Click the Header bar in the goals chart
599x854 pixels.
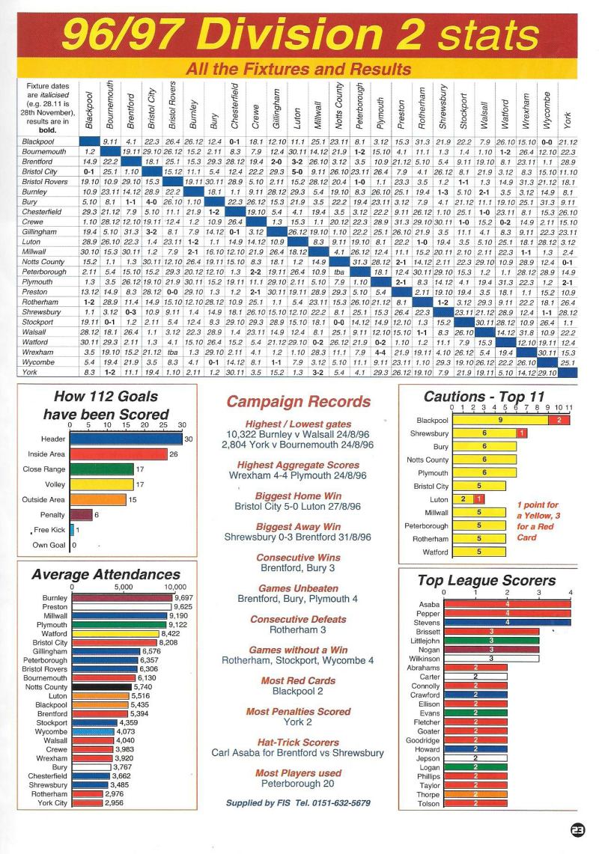coord(126,439)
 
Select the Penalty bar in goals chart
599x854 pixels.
coord(81,515)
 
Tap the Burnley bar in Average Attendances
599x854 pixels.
coord(123,598)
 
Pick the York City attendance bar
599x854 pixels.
coord(87,803)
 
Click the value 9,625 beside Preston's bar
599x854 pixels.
coord(183,607)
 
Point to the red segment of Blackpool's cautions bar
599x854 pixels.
coord(559,420)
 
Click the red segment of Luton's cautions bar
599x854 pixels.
coord(478,499)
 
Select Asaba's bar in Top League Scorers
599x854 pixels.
coord(508,604)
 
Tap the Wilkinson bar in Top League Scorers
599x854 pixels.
coord(492,659)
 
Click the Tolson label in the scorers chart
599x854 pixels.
coord(428,803)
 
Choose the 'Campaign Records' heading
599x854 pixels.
coord(299,402)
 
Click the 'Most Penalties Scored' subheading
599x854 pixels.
coord(298,711)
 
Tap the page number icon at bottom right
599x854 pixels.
coord(577,829)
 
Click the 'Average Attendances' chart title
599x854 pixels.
coord(106,575)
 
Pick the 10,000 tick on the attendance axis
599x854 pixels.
coord(175,587)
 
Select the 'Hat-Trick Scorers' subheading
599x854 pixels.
coord(298,742)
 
